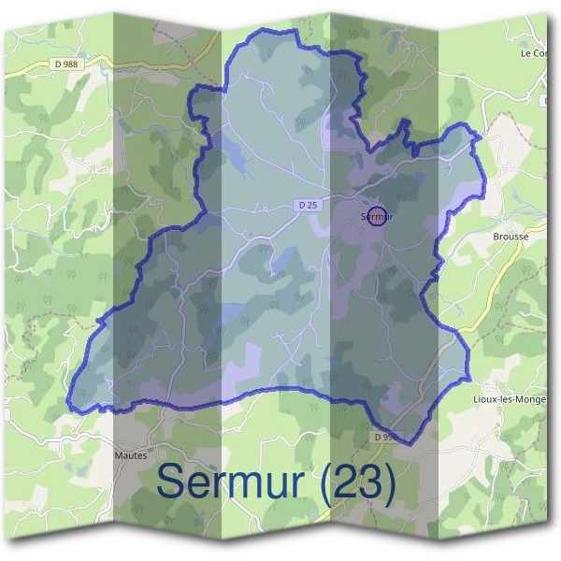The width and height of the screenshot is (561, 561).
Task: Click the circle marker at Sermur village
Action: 377,216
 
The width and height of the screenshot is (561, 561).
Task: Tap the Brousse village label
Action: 511,237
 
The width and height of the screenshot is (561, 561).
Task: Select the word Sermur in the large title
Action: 231,481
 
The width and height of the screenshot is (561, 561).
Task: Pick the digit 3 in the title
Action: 368,481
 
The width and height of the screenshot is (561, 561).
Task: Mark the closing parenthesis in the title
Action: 387,482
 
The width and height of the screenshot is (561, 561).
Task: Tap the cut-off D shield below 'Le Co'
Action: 544,99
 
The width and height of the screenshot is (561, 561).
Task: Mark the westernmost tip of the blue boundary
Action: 68,403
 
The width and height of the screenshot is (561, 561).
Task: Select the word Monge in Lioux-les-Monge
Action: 532,399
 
